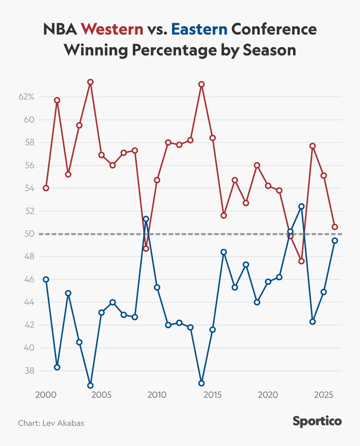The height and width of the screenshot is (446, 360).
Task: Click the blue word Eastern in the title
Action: [199, 29]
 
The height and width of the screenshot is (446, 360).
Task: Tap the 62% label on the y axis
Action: [26, 97]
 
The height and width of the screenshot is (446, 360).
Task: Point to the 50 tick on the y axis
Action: [29, 234]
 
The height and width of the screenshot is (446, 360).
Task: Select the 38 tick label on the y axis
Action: [29, 371]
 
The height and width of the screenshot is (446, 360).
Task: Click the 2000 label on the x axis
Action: [46, 395]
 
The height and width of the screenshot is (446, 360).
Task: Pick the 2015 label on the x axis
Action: [212, 395]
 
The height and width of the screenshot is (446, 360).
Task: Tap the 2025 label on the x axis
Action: [323, 395]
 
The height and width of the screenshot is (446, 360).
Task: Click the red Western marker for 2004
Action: [90, 82]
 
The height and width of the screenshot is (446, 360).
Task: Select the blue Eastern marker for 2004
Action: [90, 386]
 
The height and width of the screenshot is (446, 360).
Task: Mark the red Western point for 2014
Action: [201, 84]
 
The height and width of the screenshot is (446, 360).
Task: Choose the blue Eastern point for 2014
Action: [201, 383]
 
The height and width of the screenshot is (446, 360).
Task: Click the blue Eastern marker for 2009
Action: [146, 219]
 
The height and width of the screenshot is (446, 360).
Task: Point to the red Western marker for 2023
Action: [301, 261]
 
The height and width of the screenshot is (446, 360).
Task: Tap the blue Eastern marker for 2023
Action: [301, 206]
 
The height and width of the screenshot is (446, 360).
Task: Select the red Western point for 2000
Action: [46, 188]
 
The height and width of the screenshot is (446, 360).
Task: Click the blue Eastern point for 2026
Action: [335, 240]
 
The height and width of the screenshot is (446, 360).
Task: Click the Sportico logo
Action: [317, 422]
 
